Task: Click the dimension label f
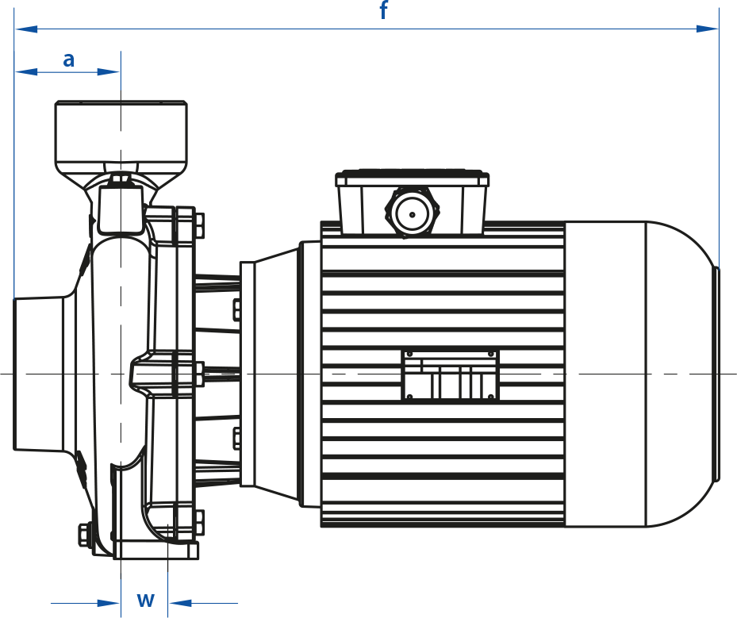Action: (383, 10)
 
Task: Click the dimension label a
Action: (69, 59)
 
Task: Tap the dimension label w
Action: (146, 599)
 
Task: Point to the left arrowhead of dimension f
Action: (26, 29)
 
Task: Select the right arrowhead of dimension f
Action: (708, 29)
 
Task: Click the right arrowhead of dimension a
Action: (109, 72)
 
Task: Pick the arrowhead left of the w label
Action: (109, 603)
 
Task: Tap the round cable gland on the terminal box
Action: (413, 214)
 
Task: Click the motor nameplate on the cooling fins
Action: (451, 375)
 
